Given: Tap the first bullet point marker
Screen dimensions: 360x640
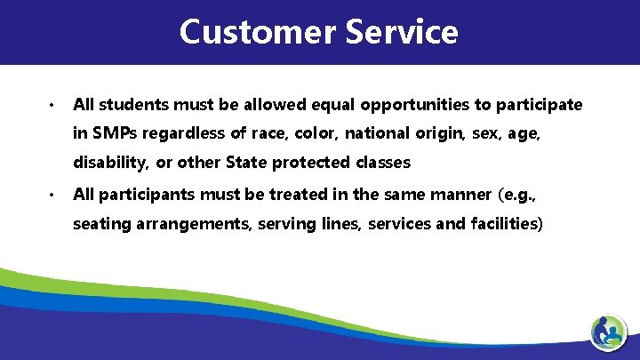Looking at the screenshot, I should coord(53,106).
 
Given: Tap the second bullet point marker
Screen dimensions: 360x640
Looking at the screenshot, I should coord(53,194).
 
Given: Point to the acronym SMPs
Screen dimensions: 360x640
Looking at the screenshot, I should coord(113,134).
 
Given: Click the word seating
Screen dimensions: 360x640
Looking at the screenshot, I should coord(101,223).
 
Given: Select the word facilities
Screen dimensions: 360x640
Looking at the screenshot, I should coord(506,223).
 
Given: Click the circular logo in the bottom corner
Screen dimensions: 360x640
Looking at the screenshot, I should coord(609,332).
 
